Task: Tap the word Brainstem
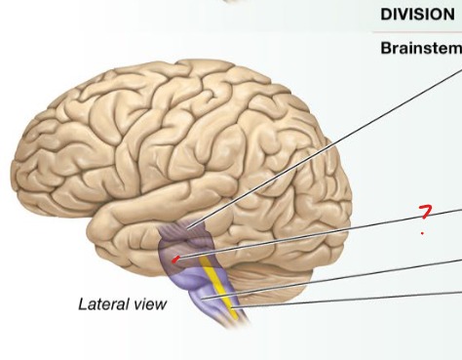pyautogui.click(x=420, y=47)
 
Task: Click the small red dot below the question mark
pyautogui.click(x=421, y=233)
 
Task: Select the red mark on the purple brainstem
pyautogui.click(x=174, y=260)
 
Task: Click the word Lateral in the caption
pyautogui.click(x=102, y=304)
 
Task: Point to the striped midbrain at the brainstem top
pyautogui.click(x=182, y=235)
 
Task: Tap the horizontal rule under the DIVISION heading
pyautogui.click(x=419, y=33)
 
